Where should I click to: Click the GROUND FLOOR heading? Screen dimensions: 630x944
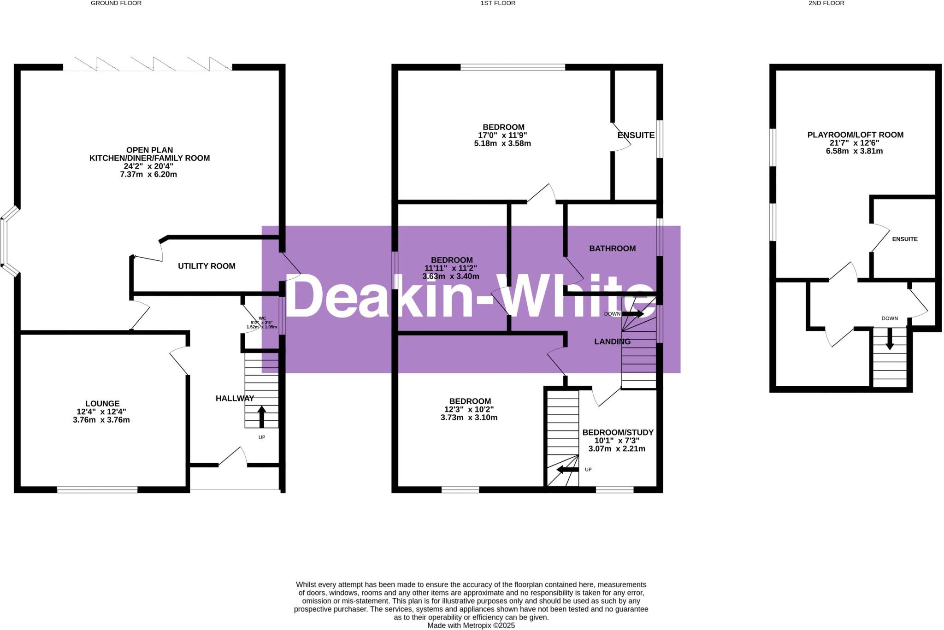116,3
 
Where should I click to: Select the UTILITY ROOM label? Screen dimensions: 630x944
206,266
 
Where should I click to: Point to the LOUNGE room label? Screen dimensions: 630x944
102,404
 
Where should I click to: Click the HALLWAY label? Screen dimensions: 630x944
235,399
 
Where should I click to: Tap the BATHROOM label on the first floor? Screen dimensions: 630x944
612,249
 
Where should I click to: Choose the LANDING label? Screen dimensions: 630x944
612,342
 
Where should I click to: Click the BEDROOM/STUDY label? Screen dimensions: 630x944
618,433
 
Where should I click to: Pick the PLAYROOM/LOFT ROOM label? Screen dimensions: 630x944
855,135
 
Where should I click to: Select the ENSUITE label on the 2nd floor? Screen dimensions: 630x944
904,239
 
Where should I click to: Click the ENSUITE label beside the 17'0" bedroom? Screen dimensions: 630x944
636,135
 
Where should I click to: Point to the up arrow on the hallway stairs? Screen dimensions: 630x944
261,416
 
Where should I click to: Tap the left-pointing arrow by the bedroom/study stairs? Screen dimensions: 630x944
567,470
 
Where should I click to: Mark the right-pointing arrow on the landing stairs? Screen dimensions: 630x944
634,314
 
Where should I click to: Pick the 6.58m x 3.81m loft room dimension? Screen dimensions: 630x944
854,151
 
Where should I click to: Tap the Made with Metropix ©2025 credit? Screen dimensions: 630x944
471,626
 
